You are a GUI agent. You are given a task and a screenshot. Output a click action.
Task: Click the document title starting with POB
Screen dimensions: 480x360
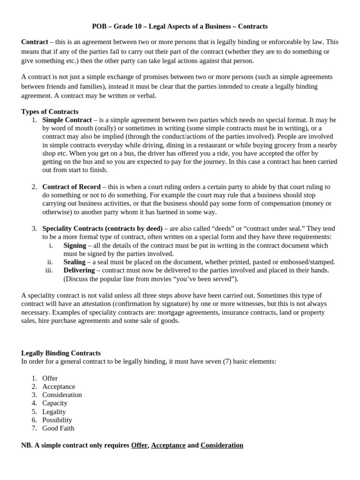click(180, 26)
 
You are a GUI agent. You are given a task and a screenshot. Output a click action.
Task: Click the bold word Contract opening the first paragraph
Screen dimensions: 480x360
click(34, 42)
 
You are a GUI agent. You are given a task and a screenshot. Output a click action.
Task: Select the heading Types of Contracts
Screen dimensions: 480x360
click(50, 112)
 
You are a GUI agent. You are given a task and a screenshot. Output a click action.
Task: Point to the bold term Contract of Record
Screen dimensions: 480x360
click(71, 187)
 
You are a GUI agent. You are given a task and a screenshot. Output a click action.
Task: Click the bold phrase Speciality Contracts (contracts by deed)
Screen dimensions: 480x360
click(102, 228)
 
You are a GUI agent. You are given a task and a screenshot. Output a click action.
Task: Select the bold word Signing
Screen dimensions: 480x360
click(75, 245)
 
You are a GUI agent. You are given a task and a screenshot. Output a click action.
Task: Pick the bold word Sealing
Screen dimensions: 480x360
click(74, 262)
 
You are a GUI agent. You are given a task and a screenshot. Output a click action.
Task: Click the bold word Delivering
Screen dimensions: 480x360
click(79, 270)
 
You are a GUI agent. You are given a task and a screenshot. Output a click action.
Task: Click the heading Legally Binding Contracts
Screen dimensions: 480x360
click(61, 353)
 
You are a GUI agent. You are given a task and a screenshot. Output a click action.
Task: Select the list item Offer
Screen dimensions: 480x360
click(50, 378)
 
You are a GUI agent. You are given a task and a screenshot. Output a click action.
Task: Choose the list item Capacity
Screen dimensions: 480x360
click(54, 403)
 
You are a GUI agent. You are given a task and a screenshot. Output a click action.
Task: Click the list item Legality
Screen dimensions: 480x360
click(54, 412)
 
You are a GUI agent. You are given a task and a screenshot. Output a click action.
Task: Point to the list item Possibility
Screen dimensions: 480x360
click(57, 420)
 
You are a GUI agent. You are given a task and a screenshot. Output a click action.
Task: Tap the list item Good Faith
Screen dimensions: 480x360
click(58, 428)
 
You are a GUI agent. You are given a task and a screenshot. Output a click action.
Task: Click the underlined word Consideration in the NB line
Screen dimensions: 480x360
click(222, 445)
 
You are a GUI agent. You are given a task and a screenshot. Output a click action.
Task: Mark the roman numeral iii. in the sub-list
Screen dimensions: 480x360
click(49, 270)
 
